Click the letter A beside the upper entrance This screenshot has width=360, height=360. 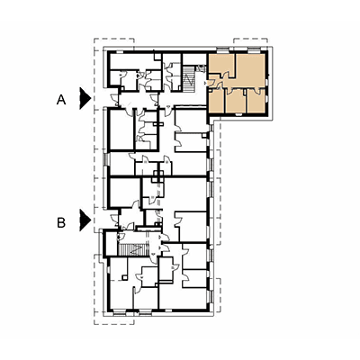point(61,100)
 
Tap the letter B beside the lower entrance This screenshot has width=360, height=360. point(61,223)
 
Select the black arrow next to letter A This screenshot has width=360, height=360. point(85,98)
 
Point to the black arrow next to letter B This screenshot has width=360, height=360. point(85,220)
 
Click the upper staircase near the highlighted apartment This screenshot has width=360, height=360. point(189,78)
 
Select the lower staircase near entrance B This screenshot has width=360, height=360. point(134,249)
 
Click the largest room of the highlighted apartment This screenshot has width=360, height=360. point(249,71)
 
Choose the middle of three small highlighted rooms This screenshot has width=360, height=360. point(236,102)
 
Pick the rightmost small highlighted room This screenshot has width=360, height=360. point(256,102)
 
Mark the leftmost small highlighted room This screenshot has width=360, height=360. point(216,102)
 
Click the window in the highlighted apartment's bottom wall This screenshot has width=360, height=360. point(238,114)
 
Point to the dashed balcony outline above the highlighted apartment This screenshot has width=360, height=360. point(250,42)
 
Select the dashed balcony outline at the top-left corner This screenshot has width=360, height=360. point(114,42)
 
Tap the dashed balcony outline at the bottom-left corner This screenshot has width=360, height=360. point(114,319)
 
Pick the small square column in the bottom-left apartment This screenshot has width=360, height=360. point(123,278)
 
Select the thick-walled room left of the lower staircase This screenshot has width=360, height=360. point(110,243)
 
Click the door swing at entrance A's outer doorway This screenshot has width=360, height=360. point(114,99)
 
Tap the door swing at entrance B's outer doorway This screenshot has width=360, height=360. point(114,220)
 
